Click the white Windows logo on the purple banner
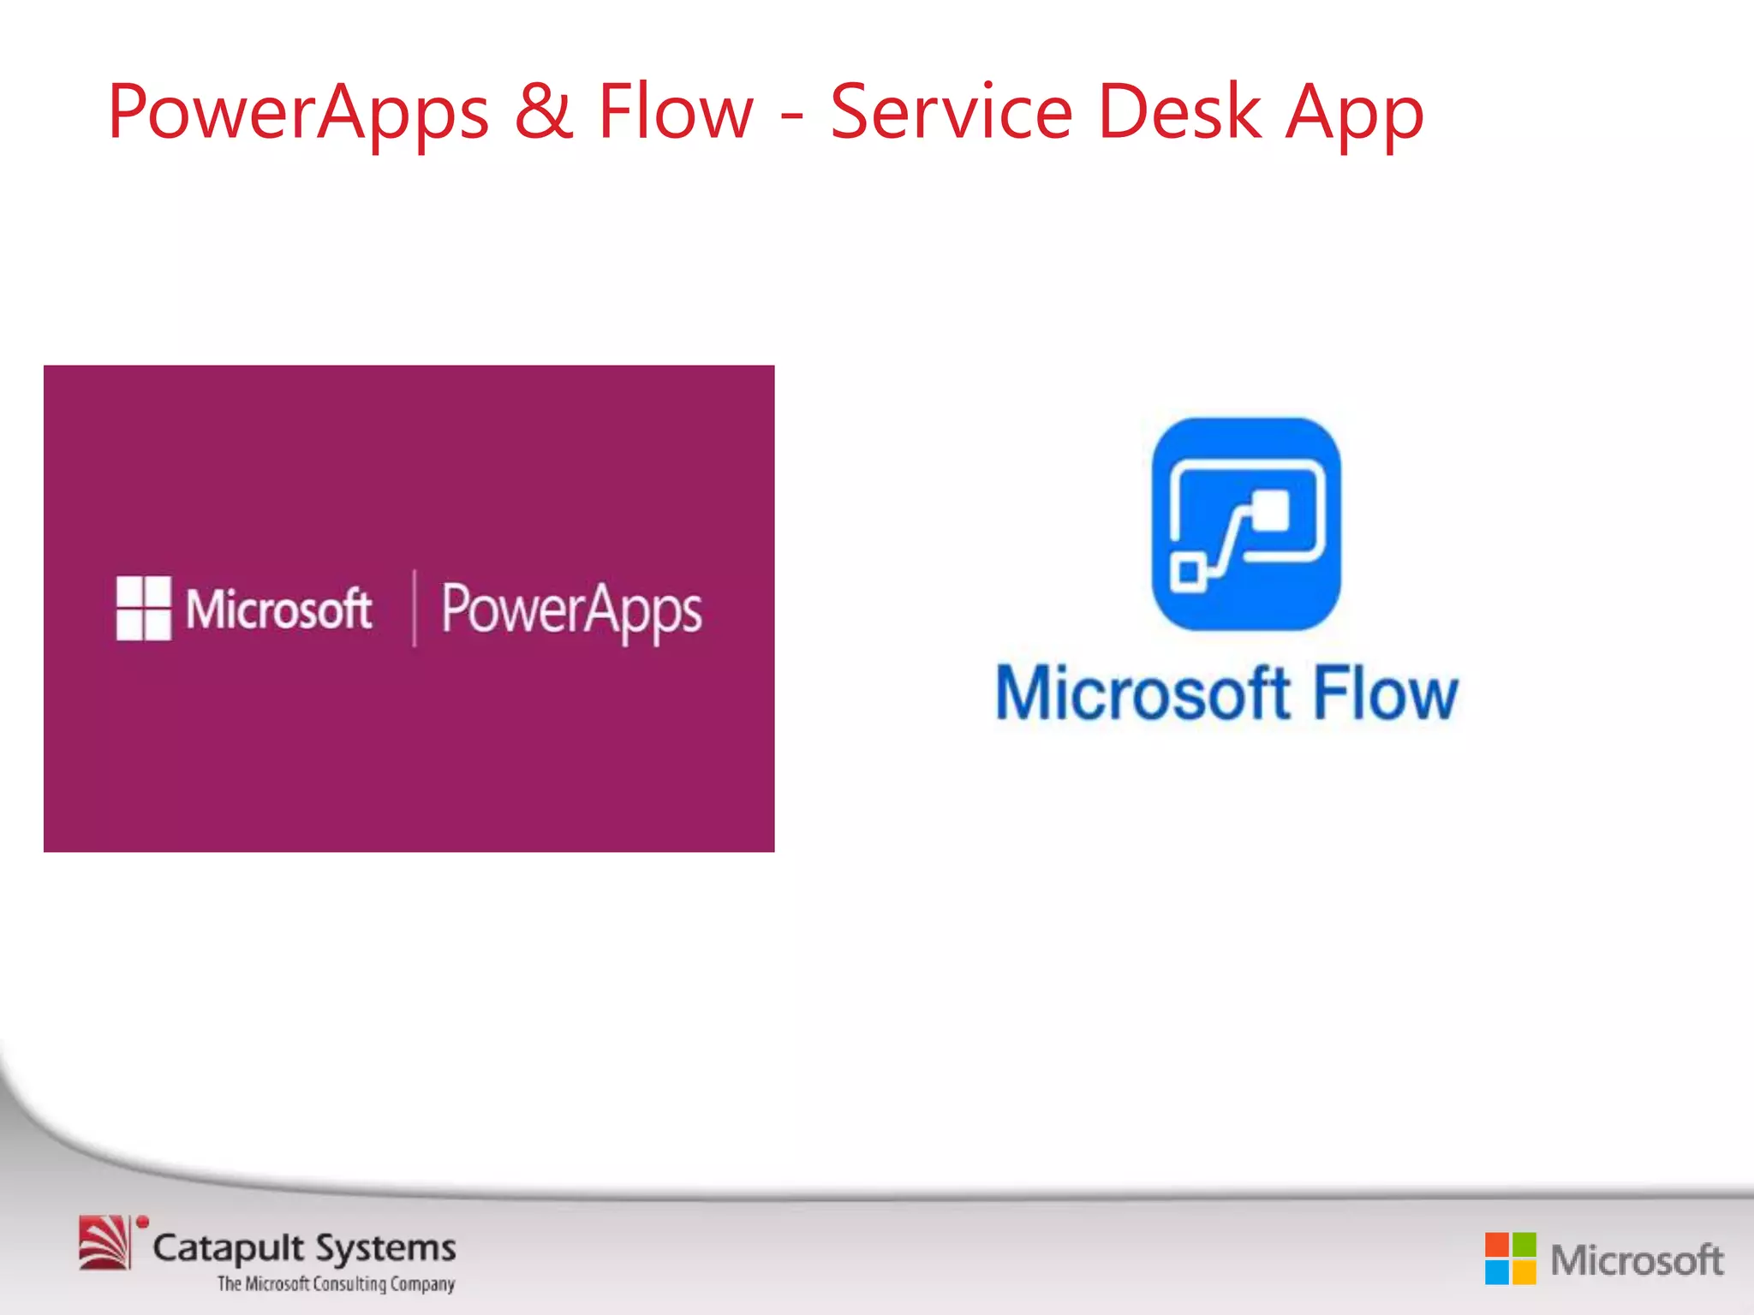143,608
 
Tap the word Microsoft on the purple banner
279,609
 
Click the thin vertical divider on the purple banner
415,608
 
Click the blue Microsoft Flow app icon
1246,524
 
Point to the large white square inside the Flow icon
1270,511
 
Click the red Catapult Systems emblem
106,1242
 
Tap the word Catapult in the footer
229,1249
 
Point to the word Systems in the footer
386,1249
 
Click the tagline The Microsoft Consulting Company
336,1284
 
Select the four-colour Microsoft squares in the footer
1510,1258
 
